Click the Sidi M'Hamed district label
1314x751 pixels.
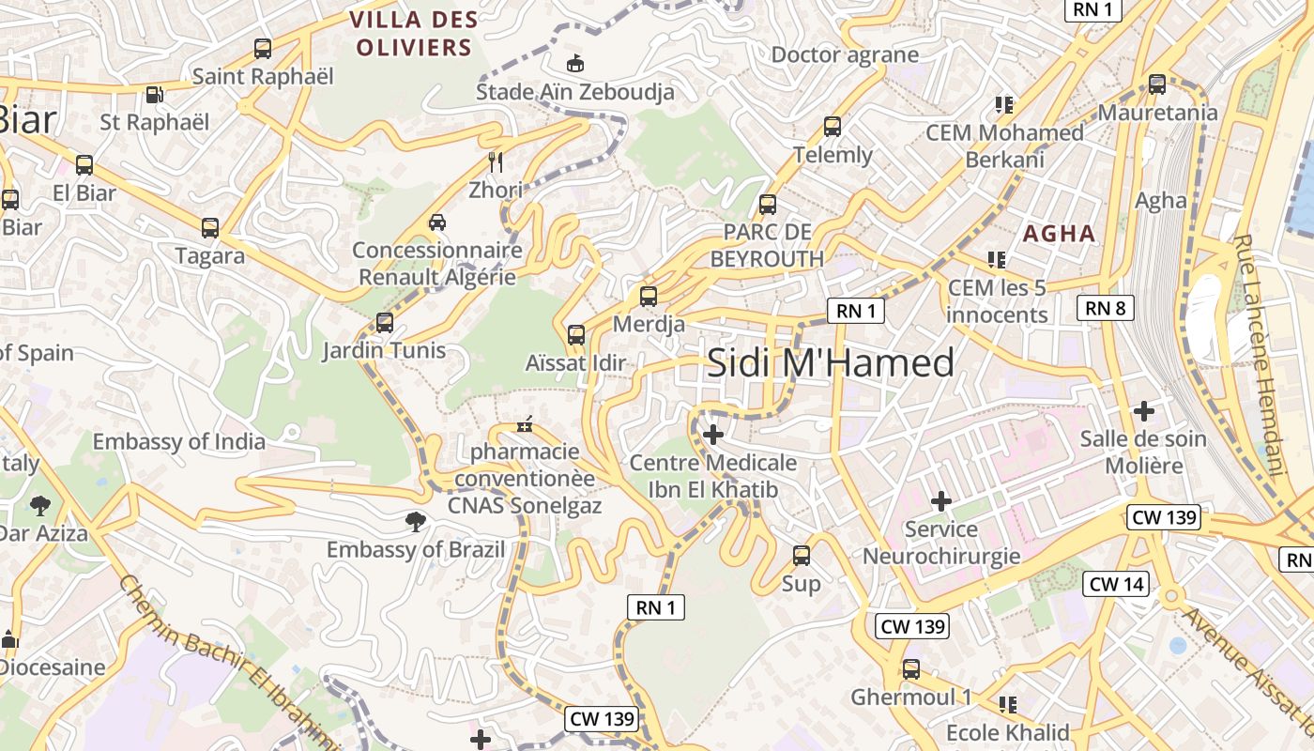coord(830,362)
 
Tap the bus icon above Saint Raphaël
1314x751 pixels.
coord(263,49)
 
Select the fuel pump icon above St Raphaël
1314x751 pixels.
coord(154,95)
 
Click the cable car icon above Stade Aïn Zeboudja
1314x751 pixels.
coord(574,64)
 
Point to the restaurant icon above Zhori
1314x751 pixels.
coord(496,162)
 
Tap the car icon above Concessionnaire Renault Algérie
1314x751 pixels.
coord(436,222)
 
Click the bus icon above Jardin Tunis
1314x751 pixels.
coord(384,323)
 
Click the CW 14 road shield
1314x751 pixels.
coord(1117,584)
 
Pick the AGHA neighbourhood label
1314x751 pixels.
coord(1060,234)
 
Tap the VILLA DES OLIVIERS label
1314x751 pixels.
coord(413,33)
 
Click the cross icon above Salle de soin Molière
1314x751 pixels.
coord(1143,410)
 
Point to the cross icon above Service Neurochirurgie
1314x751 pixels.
coord(940,501)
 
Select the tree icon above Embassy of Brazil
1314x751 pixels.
coord(415,521)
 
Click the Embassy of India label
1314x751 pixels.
coord(178,441)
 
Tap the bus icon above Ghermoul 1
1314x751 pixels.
coord(910,669)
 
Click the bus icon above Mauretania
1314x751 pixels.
coord(1157,84)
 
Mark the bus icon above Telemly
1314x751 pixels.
coord(832,127)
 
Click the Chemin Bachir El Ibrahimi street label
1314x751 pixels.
coord(225,662)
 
